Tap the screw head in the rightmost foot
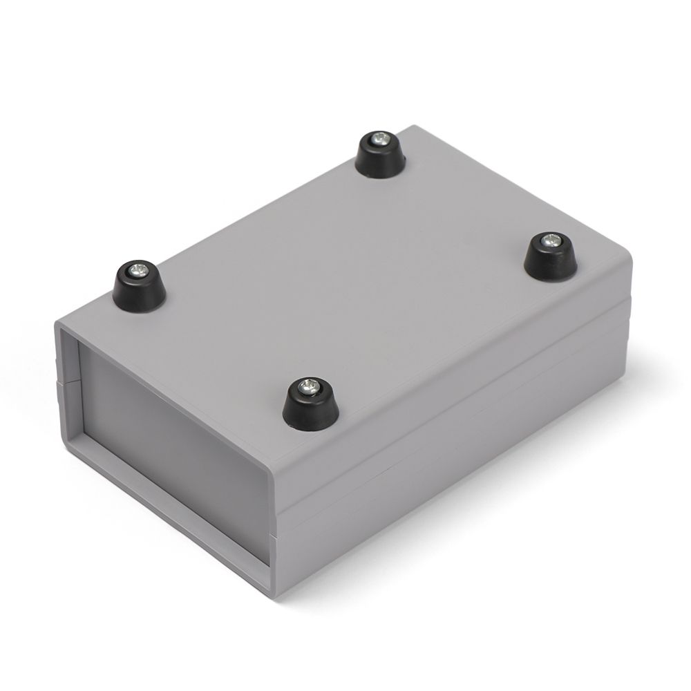(550, 241)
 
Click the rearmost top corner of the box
(415, 126)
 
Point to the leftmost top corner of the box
(57, 321)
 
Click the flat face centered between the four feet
(345, 276)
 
